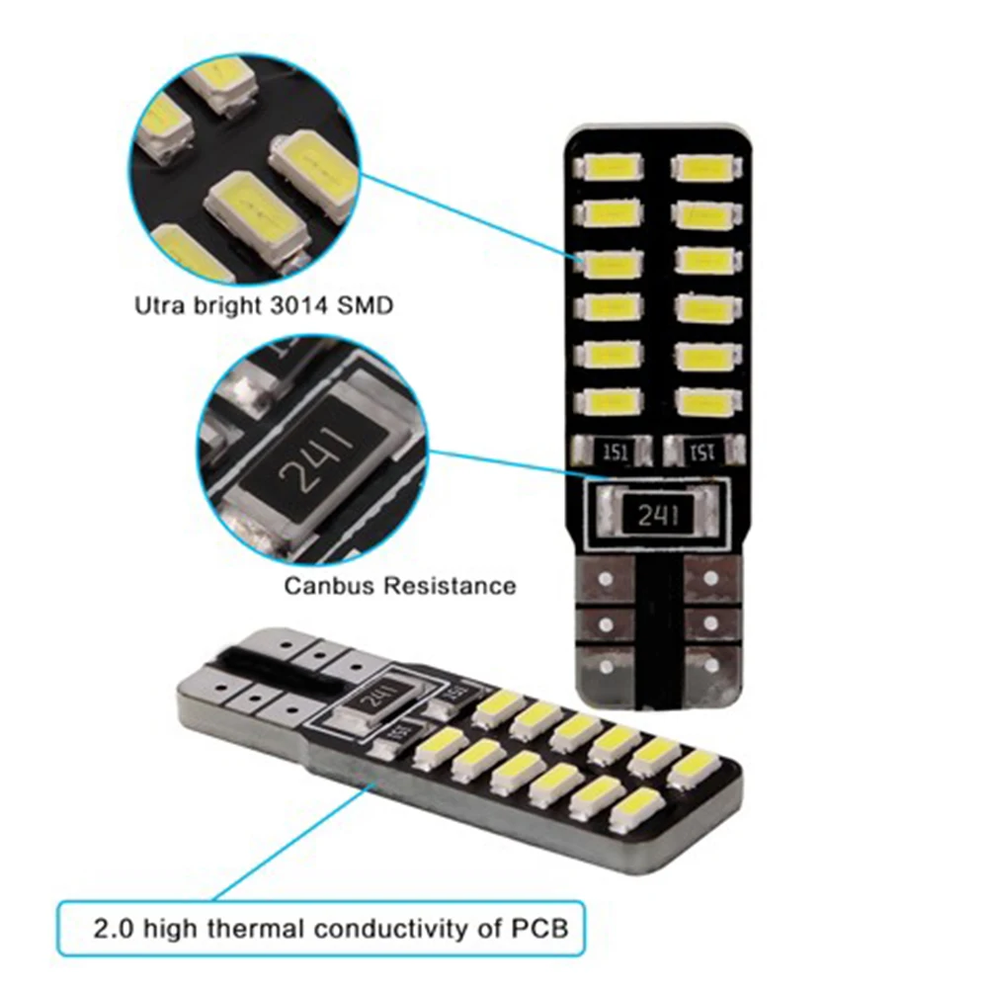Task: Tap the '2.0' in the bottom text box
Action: click(113, 929)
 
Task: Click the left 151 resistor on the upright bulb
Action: click(614, 452)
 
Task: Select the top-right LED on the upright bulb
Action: click(702, 166)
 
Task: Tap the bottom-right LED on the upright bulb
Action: click(703, 400)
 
